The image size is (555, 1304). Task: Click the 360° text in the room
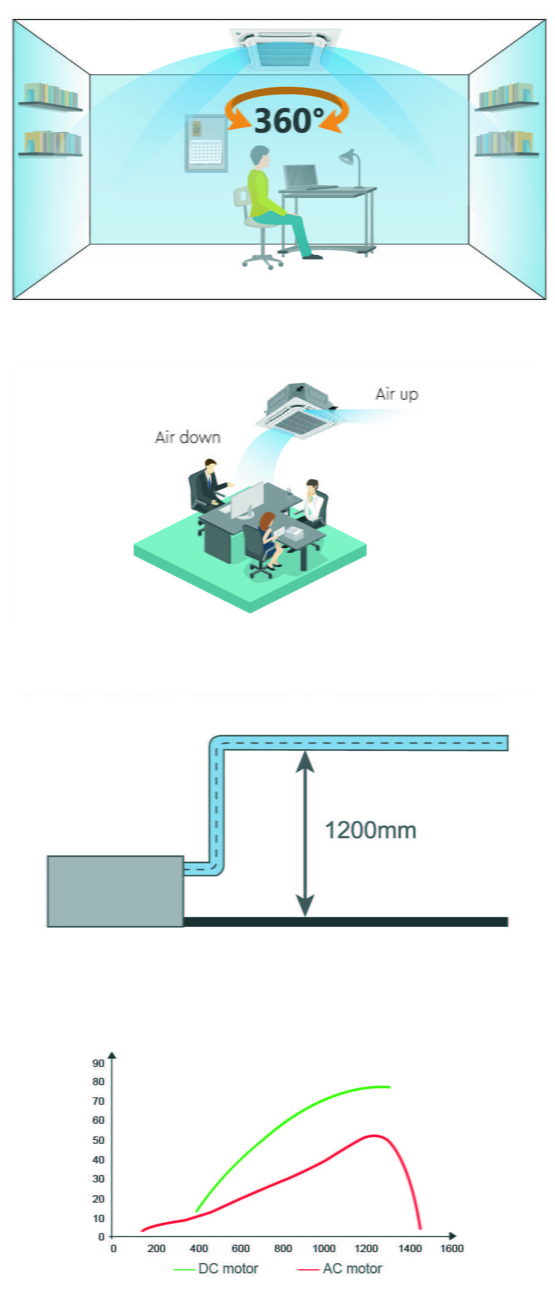pyautogui.click(x=288, y=120)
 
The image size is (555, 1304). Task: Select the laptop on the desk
pyautogui.click(x=303, y=177)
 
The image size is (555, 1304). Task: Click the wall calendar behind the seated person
pyautogui.click(x=205, y=143)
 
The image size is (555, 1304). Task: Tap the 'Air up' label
pyautogui.click(x=397, y=394)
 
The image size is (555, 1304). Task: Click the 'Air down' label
pyautogui.click(x=188, y=438)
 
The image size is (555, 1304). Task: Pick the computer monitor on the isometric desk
pyautogui.click(x=247, y=500)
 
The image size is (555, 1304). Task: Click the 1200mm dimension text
pyautogui.click(x=370, y=830)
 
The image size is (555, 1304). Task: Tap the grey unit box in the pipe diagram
pyautogui.click(x=116, y=891)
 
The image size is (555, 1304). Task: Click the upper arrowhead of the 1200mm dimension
pyautogui.click(x=305, y=761)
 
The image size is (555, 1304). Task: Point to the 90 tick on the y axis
pyautogui.click(x=98, y=1063)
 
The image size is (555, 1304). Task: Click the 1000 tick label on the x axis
pyautogui.click(x=323, y=1248)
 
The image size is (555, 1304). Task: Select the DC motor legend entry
pyautogui.click(x=217, y=1269)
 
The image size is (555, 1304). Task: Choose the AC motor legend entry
pyautogui.click(x=340, y=1269)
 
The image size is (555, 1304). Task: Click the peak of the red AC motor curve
pyautogui.click(x=374, y=1135)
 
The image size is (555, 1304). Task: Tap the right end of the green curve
pyautogui.click(x=389, y=1087)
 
